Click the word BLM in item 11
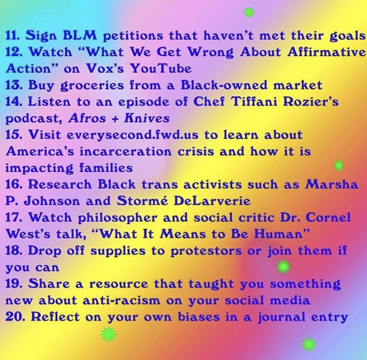click(80, 35)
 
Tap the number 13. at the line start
click(14, 85)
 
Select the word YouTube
click(161, 68)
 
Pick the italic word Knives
click(147, 118)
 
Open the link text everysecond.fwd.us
click(133, 135)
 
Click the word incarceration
click(126, 152)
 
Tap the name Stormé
click(142, 201)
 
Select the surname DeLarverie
click(212, 201)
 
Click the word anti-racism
click(122, 300)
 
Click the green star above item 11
click(249, 12)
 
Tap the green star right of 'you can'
click(283, 266)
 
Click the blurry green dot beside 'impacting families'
click(339, 166)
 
